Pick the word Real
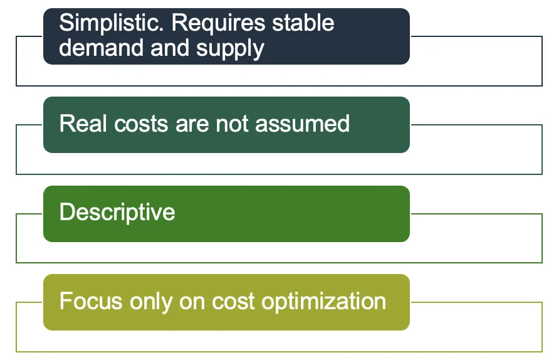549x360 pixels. [80, 124]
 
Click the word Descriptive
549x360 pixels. [117, 213]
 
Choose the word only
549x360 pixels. [149, 302]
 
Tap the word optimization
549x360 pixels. [323, 302]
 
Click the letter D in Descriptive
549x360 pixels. [66, 212]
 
